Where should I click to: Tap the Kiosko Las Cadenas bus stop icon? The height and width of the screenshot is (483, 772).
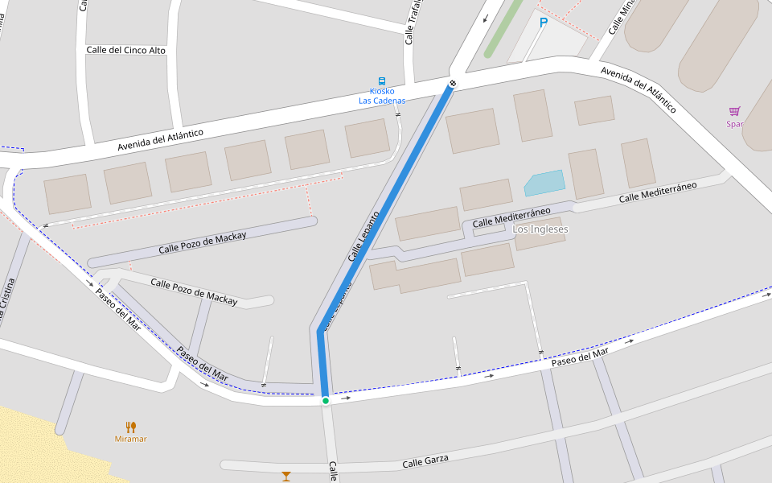(x=382, y=80)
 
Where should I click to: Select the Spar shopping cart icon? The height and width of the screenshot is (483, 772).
(x=734, y=111)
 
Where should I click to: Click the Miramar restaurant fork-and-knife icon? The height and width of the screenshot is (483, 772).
(x=131, y=427)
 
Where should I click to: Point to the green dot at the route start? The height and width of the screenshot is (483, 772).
(x=325, y=400)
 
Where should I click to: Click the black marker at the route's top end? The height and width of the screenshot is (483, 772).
(x=454, y=83)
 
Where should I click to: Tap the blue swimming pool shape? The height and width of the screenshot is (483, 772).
(x=544, y=183)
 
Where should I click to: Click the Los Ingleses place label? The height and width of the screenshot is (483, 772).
(x=540, y=229)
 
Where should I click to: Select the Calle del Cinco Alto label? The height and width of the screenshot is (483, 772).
(x=125, y=50)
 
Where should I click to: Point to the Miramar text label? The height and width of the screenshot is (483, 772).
(x=131, y=439)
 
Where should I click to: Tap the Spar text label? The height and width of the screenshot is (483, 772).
(x=734, y=124)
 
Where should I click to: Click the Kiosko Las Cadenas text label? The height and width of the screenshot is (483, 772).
(x=382, y=96)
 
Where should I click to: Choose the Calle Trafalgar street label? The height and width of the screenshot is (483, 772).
(x=411, y=23)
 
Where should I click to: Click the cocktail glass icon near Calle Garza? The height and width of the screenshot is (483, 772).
(x=286, y=477)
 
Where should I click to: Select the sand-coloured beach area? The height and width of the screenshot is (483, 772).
(x=40, y=443)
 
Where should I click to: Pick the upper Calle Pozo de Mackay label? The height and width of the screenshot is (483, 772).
(x=203, y=242)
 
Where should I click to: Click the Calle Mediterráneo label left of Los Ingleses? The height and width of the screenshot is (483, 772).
(x=511, y=217)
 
